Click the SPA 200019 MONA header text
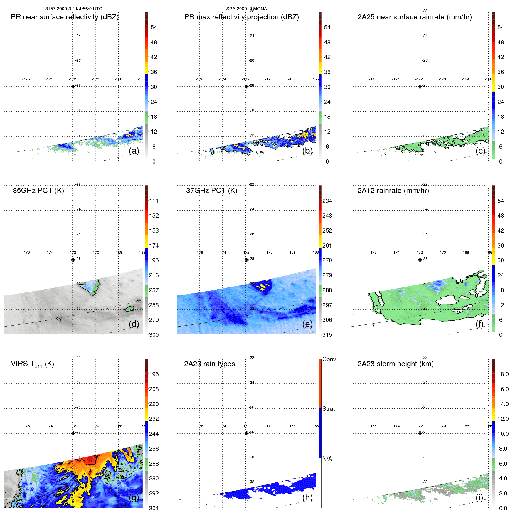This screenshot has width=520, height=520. [246, 9]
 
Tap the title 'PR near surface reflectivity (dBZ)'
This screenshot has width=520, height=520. [65, 17]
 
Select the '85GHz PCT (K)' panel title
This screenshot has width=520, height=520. [38, 191]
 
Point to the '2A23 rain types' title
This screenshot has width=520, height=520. [209, 364]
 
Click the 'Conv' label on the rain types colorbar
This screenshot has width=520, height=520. [329, 359]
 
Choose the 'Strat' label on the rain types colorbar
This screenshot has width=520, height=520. [328, 409]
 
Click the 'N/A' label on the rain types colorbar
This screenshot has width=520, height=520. [327, 459]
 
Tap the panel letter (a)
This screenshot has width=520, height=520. [134, 151]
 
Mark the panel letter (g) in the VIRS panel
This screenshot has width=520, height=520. [134, 498]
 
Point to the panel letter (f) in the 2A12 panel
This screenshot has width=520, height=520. [479, 324]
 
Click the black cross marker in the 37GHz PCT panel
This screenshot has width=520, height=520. [247, 260]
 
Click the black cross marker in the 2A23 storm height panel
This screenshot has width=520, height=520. [420, 433]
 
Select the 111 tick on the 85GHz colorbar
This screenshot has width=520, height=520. [154, 201]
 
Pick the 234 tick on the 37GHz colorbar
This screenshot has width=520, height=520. [327, 201]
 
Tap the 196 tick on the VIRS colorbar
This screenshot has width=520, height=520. [154, 374]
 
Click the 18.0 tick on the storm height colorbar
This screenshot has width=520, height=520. [503, 374]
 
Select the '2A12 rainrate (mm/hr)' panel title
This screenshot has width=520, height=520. [393, 191]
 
